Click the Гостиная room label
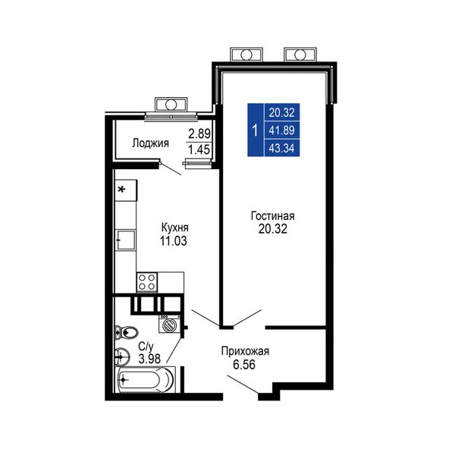click(x=272, y=216)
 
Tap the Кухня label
click(x=174, y=227)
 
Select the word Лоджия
click(x=150, y=143)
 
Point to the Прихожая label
click(x=245, y=351)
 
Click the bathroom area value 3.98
click(x=149, y=359)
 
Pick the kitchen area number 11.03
click(x=174, y=241)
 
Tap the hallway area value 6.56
click(x=244, y=365)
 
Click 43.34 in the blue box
click(x=281, y=149)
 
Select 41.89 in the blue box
click(x=281, y=130)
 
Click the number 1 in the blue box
click(x=255, y=130)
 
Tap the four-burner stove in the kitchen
click(x=147, y=282)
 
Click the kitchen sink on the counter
click(x=126, y=240)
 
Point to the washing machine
click(x=169, y=324)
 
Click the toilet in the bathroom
click(x=126, y=332)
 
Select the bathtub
click(x=146, y=380)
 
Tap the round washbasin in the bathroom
click(x=122, y=356)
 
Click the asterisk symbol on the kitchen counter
click(x=122, y=190)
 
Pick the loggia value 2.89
click(x=199, y=133)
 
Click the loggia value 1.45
click(x=199, y=149)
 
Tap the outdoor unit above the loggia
click(x=171, y=105)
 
